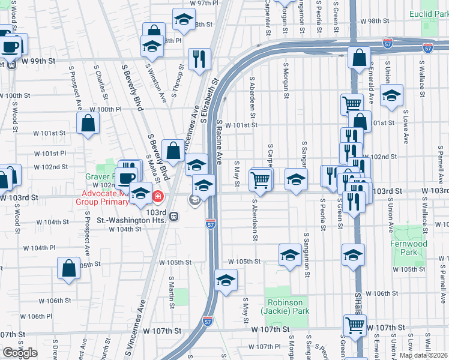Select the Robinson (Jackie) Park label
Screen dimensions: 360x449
click(x=285, y=307)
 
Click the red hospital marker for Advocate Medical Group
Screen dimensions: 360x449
click(x=157, y=196)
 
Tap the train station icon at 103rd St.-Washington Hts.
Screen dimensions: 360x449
click(x=173, y=216)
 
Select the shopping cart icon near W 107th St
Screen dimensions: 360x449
click(x=355, y=325)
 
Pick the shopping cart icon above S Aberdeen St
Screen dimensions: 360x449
click(x=261, y=179)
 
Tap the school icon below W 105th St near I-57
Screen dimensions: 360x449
click(x=226, y=280)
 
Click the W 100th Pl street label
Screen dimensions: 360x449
click(x=106, y=109)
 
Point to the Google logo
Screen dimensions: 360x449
click(x=20, y=353)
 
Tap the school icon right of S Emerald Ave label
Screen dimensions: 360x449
click(x=391, y=95)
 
